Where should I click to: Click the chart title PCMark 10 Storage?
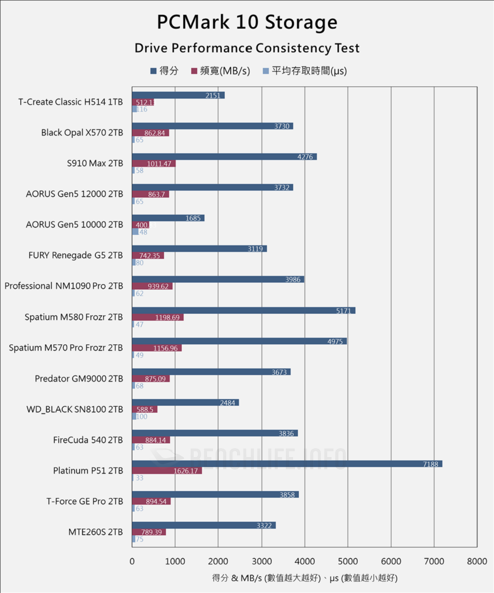247,23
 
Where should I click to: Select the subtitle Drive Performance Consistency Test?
247,48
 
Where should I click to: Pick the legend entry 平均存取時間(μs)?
304,71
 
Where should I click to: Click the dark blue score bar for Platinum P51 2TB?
287,464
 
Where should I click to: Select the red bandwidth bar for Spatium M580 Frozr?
158,317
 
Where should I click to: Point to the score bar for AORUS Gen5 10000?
168,218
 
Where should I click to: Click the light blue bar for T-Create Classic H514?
134,109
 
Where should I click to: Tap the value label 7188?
430,464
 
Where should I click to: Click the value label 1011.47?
160,164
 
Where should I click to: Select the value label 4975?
335,341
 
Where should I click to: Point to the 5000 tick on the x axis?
347,561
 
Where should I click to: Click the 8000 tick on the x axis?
477,561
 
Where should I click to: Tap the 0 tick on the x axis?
132,561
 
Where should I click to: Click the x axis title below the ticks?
304,577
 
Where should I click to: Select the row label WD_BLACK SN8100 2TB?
75,409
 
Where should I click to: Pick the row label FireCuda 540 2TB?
88,440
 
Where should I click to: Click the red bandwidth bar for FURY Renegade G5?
148,255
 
